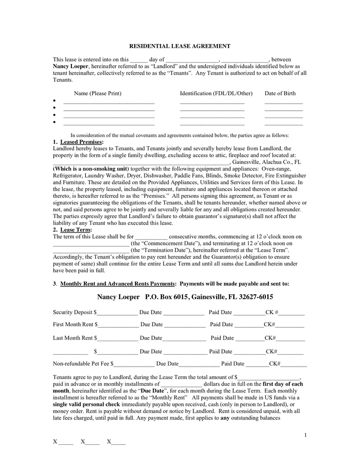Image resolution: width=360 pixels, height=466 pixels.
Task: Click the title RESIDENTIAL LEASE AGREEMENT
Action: coord(179,46)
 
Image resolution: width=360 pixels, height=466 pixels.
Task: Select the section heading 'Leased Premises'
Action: coord(81,142)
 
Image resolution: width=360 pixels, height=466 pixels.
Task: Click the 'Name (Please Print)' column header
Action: coord(98,93)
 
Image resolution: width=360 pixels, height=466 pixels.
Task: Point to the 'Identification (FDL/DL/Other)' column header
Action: coord(216,93)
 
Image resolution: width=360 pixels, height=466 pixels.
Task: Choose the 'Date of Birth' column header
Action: coord(280,93)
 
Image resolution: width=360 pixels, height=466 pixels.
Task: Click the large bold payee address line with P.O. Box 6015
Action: coord(185,297)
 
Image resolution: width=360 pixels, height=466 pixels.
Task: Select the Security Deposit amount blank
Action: coord(117,313)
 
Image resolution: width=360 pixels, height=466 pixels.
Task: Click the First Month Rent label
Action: coord(73,325)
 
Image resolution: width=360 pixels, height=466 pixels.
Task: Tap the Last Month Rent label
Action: coord(72,338)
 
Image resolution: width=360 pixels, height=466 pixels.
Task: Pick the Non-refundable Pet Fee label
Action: coord(82,363)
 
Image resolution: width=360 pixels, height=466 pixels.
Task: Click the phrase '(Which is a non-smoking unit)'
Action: coord(91,169)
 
